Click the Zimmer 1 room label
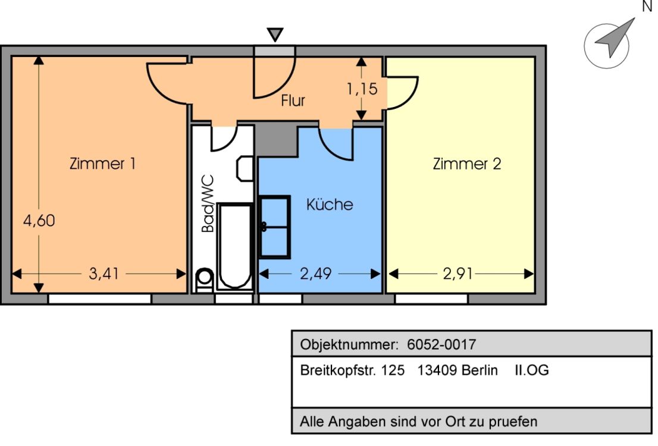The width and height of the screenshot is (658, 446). (x=102, y=164)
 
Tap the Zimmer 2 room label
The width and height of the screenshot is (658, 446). (x=466, y=164)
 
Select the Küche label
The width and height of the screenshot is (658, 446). (x=330, y=205)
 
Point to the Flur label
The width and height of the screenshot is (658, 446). (x=293, y=101)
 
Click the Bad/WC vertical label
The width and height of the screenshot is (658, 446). (x=208, y=203)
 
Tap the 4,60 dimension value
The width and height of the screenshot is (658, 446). (x=39, y=221)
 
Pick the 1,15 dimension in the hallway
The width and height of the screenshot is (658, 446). (x=362, y=89)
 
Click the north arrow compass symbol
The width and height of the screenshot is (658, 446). (x=608, y=43)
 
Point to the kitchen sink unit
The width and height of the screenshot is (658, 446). (x=274, y=227)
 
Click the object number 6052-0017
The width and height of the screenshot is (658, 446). (x=441, y=344)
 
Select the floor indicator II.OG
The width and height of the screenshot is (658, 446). (x=531, y=370)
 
